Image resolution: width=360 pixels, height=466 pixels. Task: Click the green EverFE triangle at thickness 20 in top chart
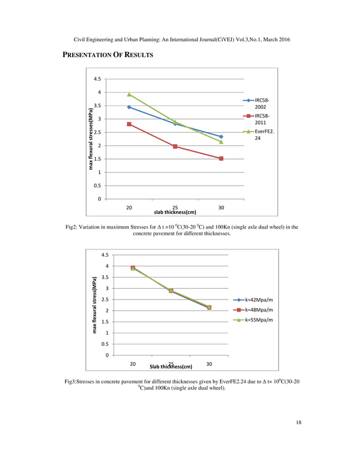click(129, 94)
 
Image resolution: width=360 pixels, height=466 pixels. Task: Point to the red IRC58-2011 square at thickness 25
click(175, 147)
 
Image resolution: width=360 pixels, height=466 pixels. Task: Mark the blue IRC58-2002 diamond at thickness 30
click(221, 137)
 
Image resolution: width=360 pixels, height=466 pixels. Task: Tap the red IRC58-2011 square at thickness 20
click(129, 124)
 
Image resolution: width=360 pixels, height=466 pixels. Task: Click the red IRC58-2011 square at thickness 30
click(221, 159)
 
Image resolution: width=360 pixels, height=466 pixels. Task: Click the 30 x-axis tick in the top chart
click(221, 207)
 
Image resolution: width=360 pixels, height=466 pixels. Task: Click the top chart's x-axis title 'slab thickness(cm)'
click(175, 212)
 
